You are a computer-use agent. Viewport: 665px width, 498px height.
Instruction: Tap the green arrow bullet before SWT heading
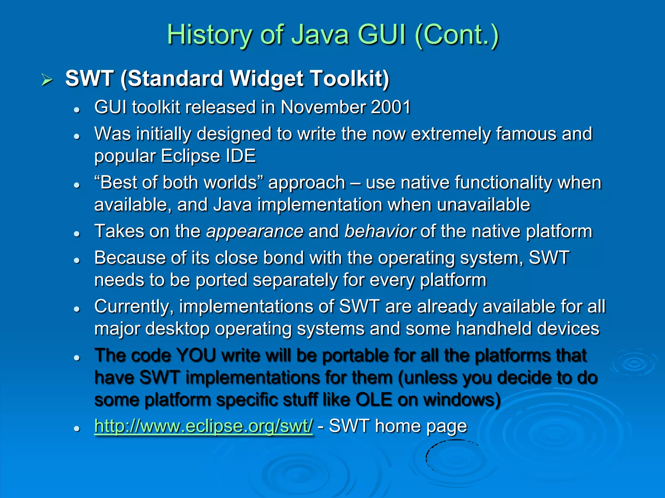tap(47, 80)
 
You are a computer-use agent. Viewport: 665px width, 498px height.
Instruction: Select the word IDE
tap(241, 156)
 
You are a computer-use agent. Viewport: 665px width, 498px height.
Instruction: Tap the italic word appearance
tap(255, 231)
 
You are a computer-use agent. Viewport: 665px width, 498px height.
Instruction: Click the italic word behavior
tap(380, 231)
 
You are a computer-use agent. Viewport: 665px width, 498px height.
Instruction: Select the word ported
tap(221, 280)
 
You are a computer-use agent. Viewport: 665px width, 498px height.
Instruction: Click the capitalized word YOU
tap(196, 355)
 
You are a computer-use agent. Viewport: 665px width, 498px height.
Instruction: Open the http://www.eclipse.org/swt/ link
tap(204, 426)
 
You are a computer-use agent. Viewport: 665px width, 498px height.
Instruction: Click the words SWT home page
tap(398, 426)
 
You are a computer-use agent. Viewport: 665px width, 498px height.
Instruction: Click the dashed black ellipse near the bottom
tap(456, 457)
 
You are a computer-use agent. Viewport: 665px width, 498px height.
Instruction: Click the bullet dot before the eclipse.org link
tap(77, 429)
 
